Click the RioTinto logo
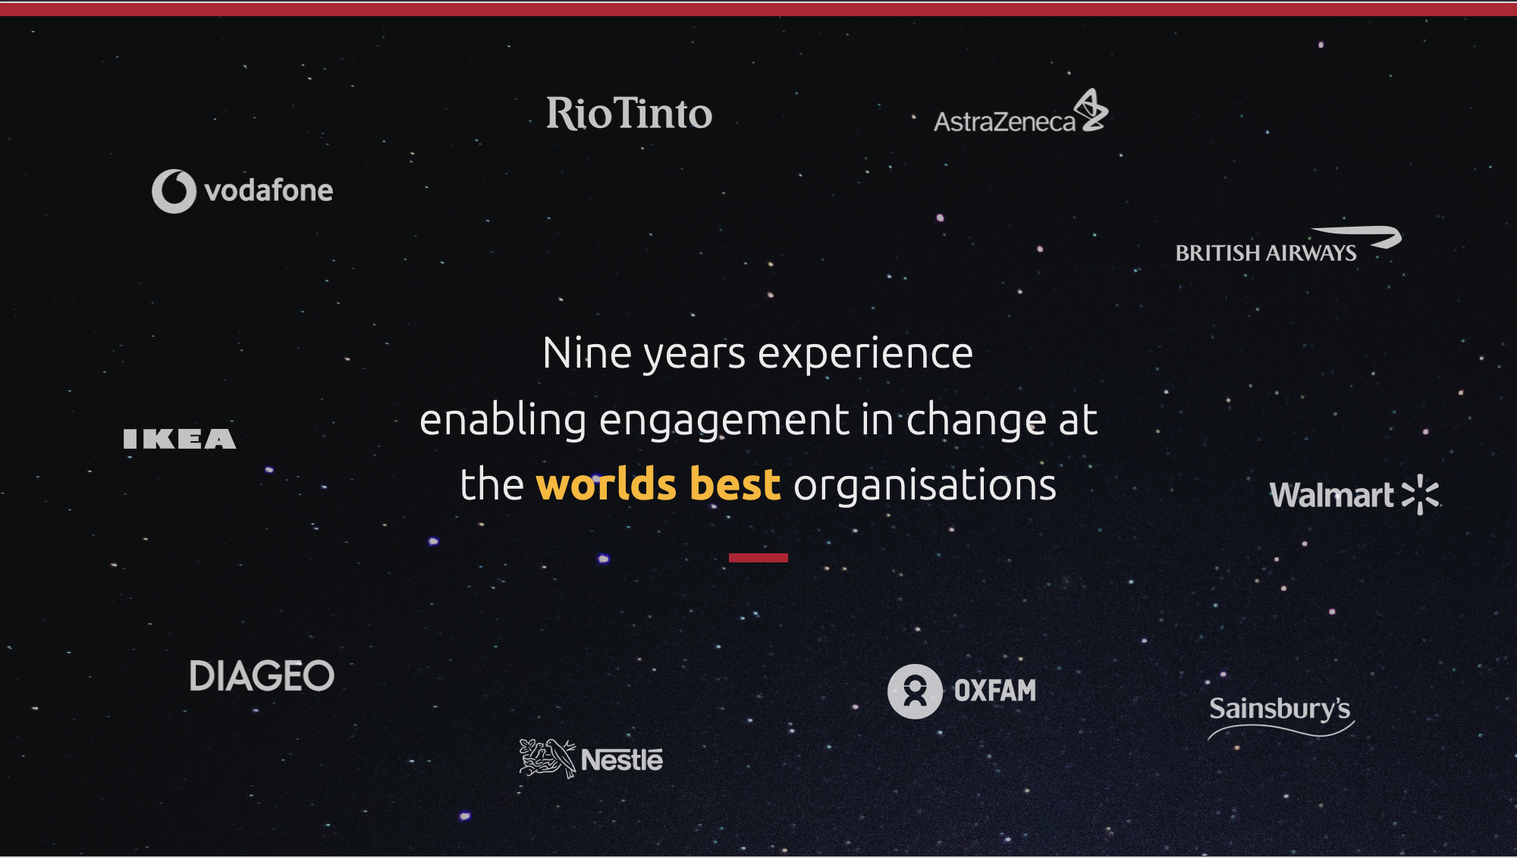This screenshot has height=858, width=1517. (630, 114)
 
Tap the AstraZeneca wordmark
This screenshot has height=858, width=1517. (1004, 122)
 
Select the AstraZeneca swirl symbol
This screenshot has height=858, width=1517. (1091, 110)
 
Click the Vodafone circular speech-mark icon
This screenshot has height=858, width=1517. (174, 191)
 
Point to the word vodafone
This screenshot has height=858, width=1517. (269, 190)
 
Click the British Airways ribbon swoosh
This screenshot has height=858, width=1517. (1357, 236)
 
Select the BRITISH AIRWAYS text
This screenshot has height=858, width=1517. (1266, 253)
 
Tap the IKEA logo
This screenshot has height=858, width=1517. (180, 439)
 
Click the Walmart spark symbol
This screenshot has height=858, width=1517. (1420, 494)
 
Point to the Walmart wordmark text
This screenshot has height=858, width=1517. (1332, 495)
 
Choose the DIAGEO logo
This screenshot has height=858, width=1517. (262, 675)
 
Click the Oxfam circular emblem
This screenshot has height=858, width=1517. (915, 691)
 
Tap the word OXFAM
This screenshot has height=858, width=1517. (995, 690)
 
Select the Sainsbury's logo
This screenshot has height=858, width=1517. (1280, 716)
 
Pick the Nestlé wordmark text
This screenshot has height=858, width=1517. (622, 759)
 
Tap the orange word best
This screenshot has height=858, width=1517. (735, 484)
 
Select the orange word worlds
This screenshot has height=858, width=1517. (606, 484)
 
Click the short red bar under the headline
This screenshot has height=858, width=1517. (758, 558)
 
